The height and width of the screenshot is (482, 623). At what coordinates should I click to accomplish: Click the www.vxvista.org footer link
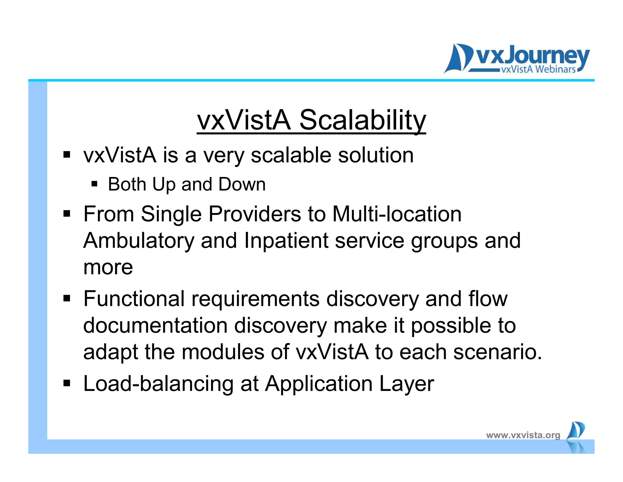(x=523, y=435)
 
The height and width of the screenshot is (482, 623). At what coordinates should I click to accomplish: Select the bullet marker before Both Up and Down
(x=94, y=184)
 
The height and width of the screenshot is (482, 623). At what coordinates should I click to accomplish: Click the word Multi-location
(x=397, y=214)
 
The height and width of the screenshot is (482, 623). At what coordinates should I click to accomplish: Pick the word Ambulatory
(x=138, y=241)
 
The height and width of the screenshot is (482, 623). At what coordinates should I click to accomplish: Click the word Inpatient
(x=286, y=241)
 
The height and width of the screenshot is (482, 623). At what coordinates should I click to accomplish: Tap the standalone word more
(x=108, y=268)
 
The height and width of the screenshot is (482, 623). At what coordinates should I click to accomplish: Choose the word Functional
(x=134, y=299)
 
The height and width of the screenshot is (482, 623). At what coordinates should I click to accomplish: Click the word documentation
(x=155, y=325)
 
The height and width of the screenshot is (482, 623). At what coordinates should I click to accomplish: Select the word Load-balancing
(x=158, y=384)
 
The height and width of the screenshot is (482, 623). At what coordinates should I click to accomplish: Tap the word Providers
(x=254, y=214)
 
